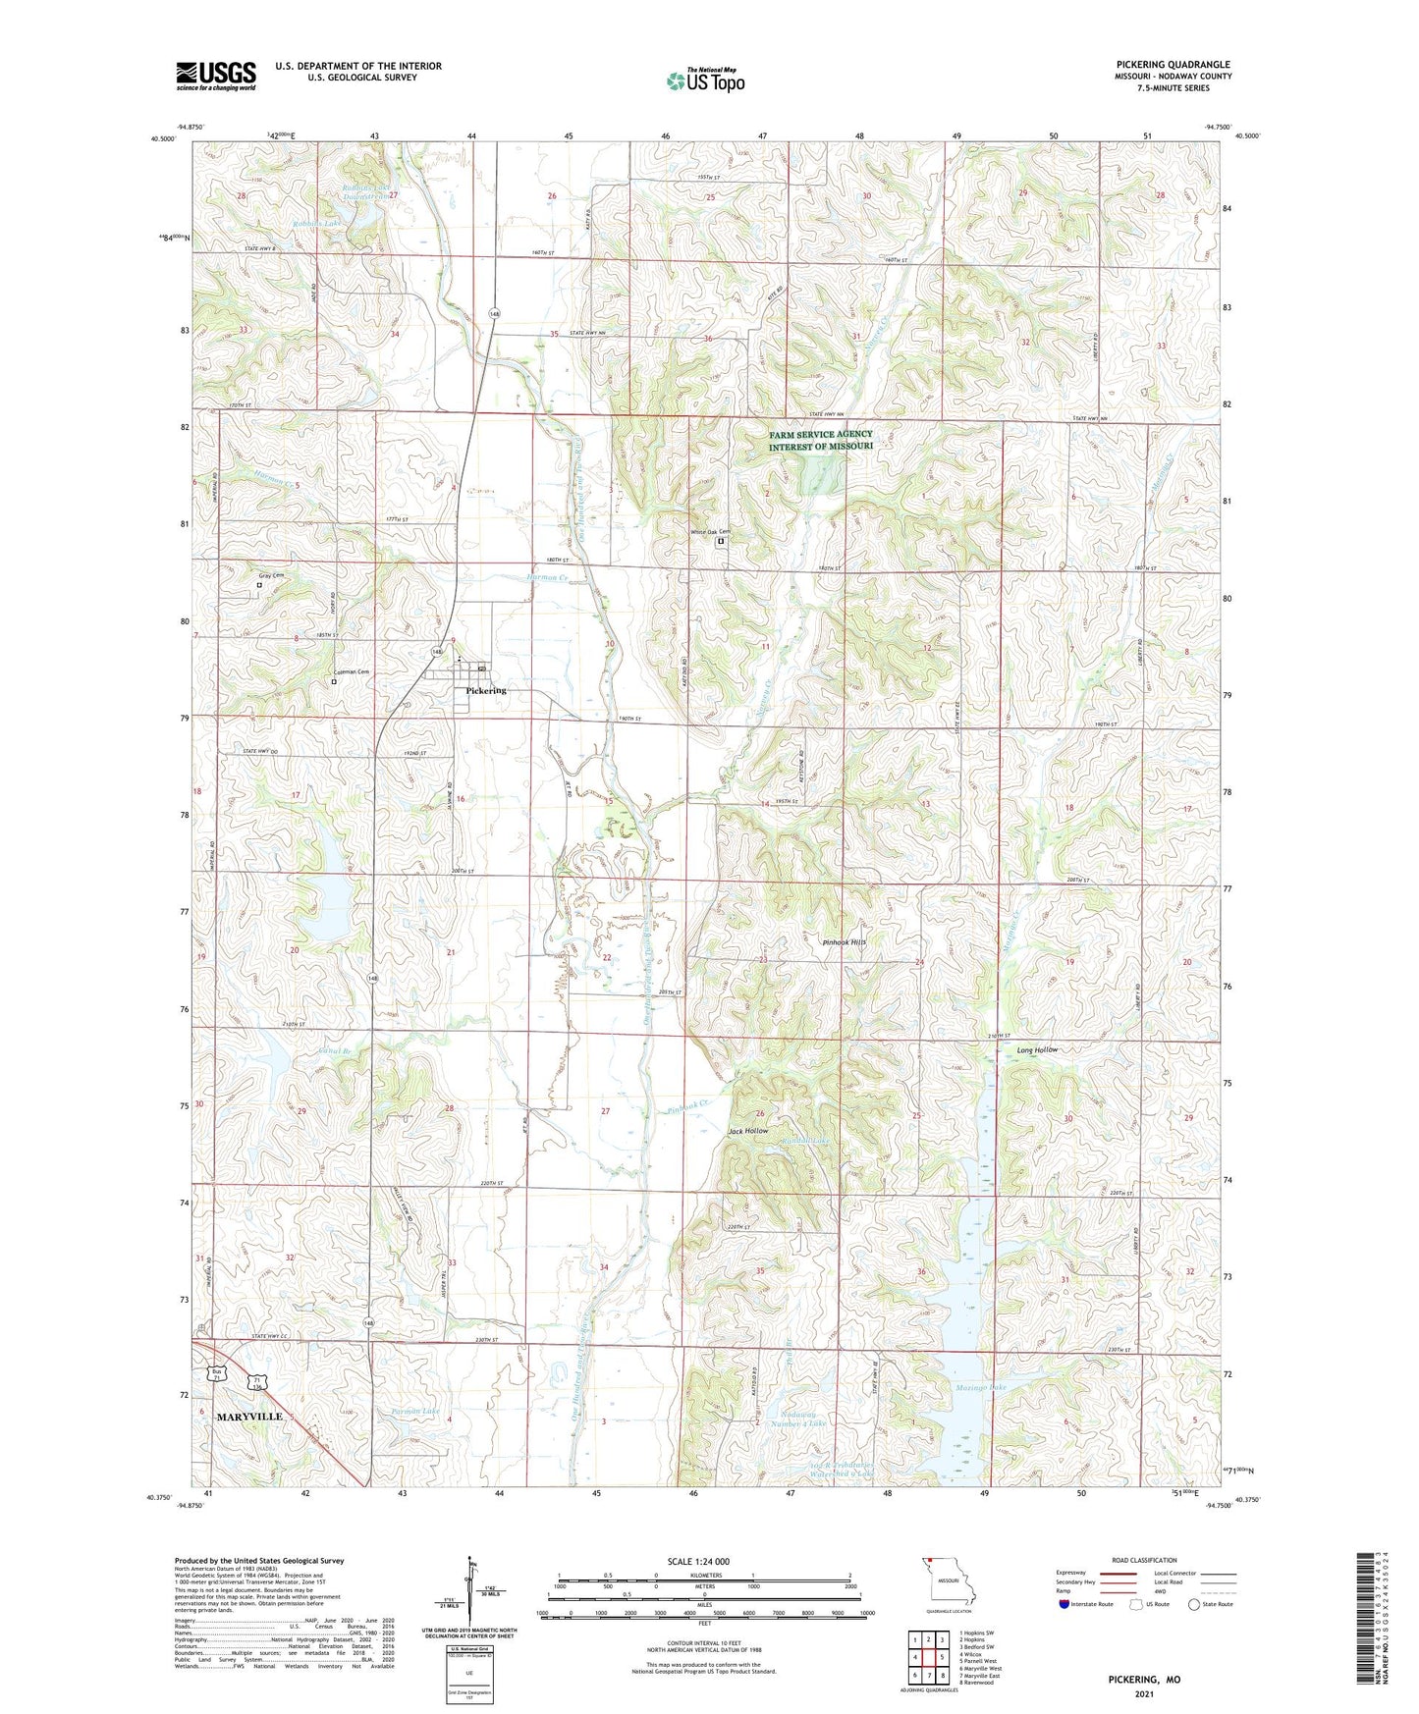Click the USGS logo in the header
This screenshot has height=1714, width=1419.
click(215, 76)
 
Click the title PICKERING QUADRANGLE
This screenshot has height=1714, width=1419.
click(1173, 65)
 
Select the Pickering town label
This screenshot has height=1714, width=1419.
click(486, 691)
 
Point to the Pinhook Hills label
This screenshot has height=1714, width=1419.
click(845, 941)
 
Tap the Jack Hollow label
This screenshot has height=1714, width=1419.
click(748, 1131)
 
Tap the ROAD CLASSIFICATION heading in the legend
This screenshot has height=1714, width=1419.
click(1145, 1560)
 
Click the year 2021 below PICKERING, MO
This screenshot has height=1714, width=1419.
click(1144, 1693)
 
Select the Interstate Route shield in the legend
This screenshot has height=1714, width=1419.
click(1065, 1604)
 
